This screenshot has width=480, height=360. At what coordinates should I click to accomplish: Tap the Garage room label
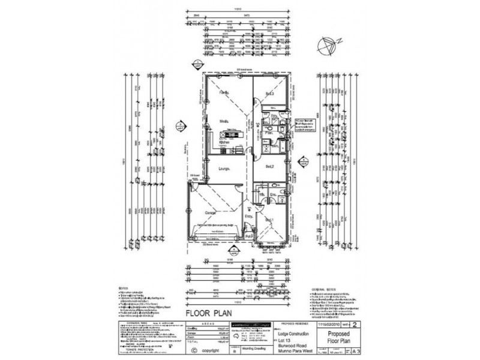211,214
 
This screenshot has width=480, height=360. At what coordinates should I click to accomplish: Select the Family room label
224,94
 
